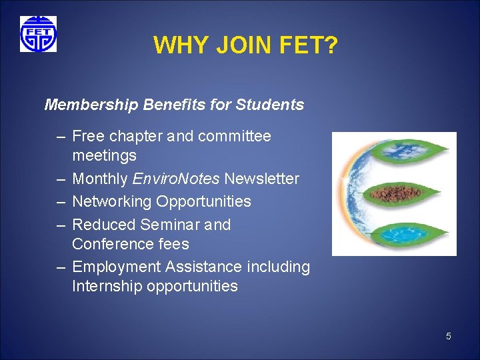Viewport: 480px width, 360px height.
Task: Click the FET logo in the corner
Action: point(38,34)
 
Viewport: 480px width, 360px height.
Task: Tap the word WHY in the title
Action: point(177,46)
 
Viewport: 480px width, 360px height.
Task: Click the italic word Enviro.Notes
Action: point(177,179)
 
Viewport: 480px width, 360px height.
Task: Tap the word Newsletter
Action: point(261,179)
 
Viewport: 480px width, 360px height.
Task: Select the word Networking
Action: point(112,201)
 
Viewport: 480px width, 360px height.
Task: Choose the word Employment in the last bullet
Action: point(117,267)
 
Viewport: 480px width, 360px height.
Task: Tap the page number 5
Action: point(448,336)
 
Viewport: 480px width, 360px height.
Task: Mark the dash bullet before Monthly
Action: point(61,179)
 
